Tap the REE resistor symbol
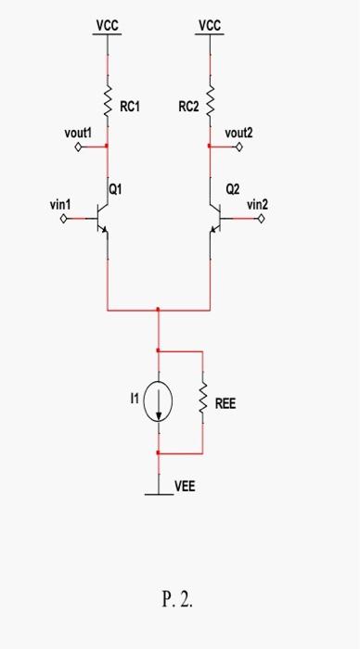(x=201, y=402)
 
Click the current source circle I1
(x=159, y=402)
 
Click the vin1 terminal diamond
(x=63, y=220)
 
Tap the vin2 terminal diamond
(x=262, y=220)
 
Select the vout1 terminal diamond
(x=64, y=146)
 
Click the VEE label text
(x=185, y=485)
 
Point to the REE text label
(x=225, y=404)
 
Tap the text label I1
(x=135, y=396)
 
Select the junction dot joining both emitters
(x=159, y=310)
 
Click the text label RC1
(x=130, y=107)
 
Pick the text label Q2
(x=232, y=189)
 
